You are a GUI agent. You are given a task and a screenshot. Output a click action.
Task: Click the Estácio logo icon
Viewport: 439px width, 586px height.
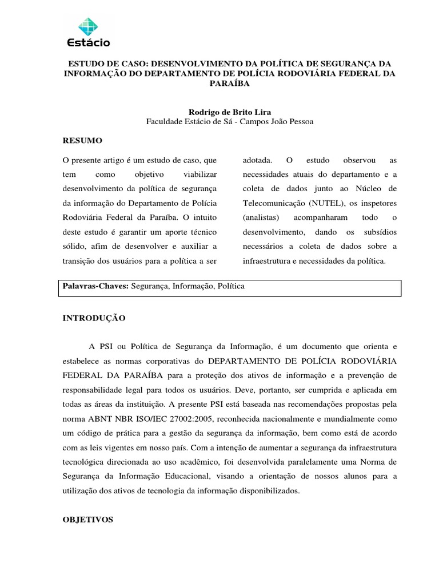point(89,26)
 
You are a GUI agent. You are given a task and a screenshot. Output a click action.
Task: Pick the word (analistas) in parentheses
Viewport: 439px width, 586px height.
point(261,217)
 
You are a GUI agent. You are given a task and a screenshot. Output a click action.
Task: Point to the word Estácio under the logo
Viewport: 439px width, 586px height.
point(89,42)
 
